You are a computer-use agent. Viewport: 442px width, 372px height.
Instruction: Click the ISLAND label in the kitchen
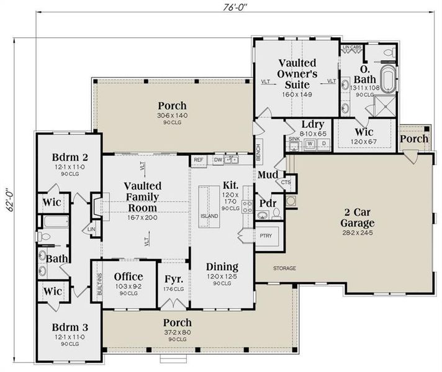(x=209, y=216)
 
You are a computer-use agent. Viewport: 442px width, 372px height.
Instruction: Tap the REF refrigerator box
(x=198, y=160)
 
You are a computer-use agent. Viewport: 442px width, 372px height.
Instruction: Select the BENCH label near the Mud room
(x=258, y=148)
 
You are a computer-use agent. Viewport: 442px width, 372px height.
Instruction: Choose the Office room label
(x=129, y=277)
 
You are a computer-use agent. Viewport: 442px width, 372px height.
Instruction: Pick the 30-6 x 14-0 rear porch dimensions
(x=172, y=116)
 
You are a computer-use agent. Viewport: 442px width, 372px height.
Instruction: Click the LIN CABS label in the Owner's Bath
(x=353, y=46)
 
